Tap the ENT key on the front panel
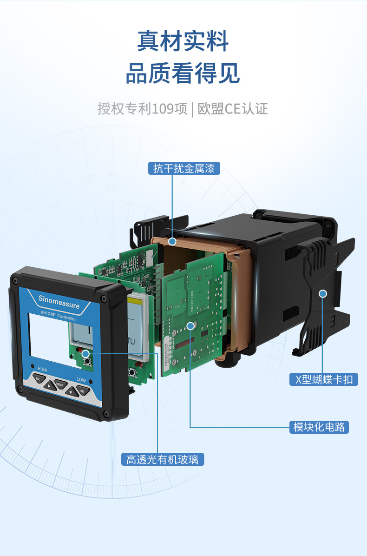point(81,391)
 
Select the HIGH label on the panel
point(42,370)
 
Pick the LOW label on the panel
point(81,380)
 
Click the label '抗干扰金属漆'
point(183,168)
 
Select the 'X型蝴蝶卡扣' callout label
point(324,379)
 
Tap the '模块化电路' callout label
point(319,427)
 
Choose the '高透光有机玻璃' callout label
point(162,460)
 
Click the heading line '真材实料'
point(183,41)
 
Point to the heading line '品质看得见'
point(183,74)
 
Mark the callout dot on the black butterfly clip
point(323,293)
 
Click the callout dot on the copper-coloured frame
point(172,241)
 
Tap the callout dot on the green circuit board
point(190,325)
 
